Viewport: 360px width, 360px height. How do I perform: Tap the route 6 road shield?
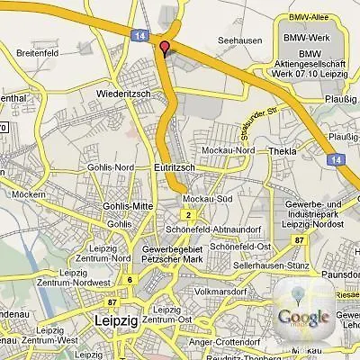[130, 279]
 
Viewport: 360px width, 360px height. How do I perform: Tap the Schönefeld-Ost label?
[240, 246]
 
